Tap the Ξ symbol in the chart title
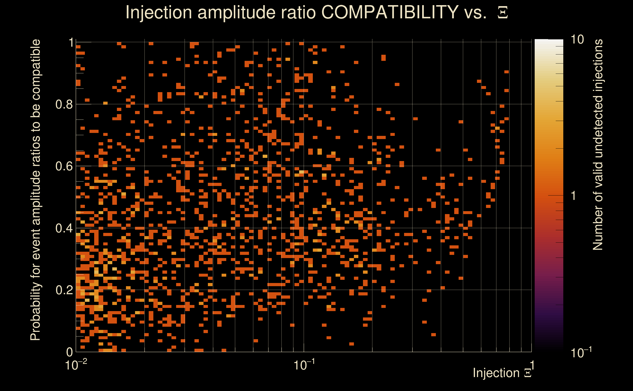coord(503,13)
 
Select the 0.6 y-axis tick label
coord(64,166)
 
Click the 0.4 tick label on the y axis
coord(64,228)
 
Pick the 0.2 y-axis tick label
coord(64,290)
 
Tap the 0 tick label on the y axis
coord(70,352)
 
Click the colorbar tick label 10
coord(577,40)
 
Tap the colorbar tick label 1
coord(574,196)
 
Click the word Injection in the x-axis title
coord(496,373)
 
